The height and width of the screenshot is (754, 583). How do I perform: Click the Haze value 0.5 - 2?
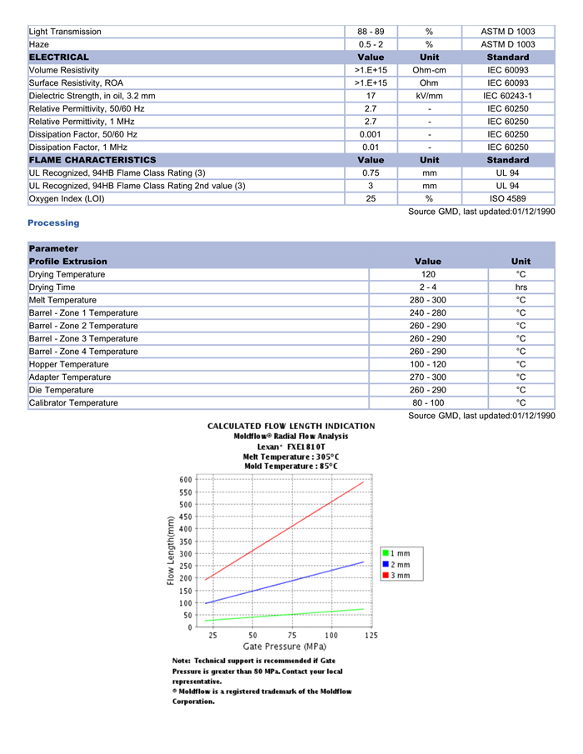[x=371, y=44]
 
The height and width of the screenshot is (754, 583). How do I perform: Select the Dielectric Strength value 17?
[x=371, y=96]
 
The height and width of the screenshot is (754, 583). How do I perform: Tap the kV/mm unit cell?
[x=429, y=96]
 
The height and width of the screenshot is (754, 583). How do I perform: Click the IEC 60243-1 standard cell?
[x=507, y=96]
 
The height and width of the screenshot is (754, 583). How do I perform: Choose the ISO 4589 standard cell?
[x=507, y=199]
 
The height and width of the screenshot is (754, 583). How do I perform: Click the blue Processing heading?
[x=53, y=222]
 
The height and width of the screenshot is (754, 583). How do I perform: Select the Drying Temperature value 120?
[x=427, y=274]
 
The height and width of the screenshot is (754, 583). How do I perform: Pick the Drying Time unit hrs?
[x=521, y=287]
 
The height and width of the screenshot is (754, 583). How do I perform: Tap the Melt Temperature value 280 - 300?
[x=427, y=300]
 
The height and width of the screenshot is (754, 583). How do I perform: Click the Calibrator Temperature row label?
[x=73, y=403]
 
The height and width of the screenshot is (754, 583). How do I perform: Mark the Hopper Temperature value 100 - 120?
[x=427, y=364]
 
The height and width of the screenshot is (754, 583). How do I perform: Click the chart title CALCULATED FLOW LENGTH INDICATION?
[x=291, y=426]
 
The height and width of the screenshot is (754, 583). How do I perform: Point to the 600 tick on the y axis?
[x=185, y=480]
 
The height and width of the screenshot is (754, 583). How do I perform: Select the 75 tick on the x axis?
[x=291, y=636]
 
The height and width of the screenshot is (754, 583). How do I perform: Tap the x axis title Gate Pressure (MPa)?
[x=284, y=647]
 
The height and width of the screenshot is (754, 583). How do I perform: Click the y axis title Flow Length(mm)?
[x=171, y=551]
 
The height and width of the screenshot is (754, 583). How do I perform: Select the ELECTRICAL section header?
[x=58, y=57]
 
